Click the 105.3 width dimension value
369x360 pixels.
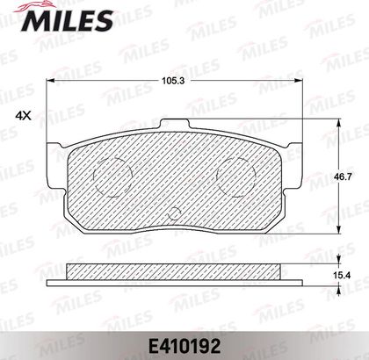click(173, 81)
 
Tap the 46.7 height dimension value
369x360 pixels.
click(343, 176)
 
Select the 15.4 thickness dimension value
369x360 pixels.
click(343, 275)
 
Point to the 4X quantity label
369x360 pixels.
click(23, 116)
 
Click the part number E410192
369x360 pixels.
click(184, 347)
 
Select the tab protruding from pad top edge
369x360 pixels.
click(175, 124)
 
